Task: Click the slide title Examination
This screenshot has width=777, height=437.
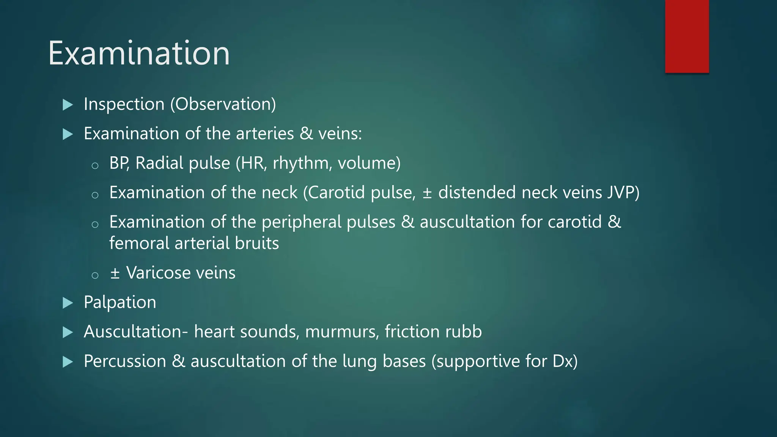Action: click(x=139, y=53)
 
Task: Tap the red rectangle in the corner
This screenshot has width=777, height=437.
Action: click(x=687, y=36)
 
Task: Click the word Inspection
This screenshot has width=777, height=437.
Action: click(x=124, y=104)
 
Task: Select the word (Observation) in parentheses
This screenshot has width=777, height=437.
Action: click(x=223, y=104)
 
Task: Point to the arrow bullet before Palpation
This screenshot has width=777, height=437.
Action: click(x=68, y=303)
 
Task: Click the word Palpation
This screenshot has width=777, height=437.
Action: click(x=120, y=303)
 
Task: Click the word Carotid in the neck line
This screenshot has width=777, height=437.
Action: click(x=336, y=193)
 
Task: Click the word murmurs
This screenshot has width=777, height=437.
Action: click(x=342, y=332)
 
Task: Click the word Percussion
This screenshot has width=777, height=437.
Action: click(x=125, y=362)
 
